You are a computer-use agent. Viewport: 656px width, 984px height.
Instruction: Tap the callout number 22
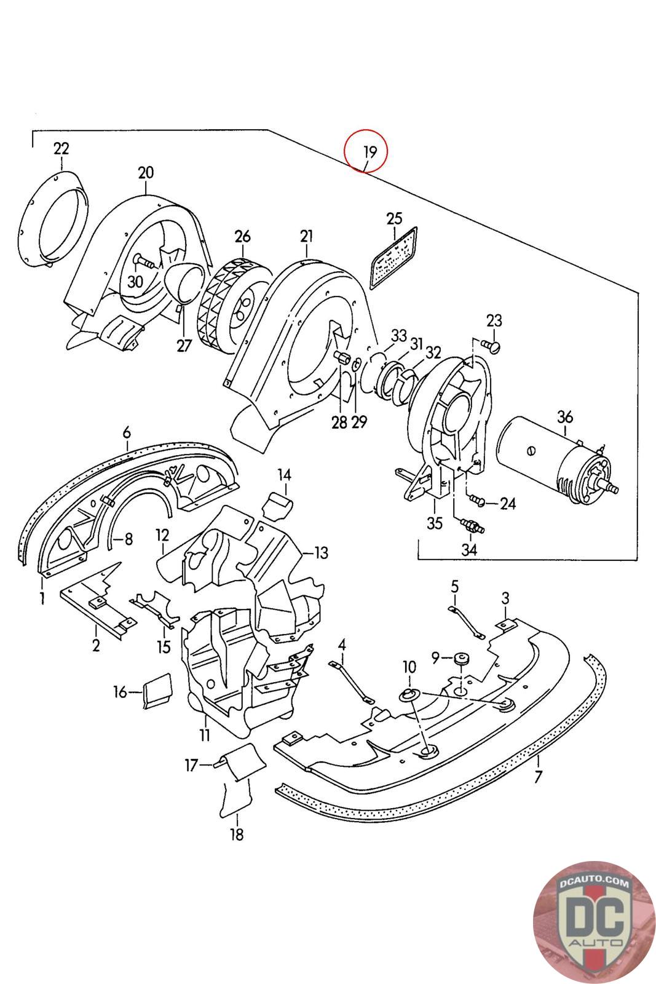61,149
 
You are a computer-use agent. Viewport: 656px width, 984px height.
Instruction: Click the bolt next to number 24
478,502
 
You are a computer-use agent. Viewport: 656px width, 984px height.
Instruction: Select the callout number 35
435,523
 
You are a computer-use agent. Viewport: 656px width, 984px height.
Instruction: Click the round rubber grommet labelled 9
460,659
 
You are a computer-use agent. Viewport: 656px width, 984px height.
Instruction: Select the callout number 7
538,776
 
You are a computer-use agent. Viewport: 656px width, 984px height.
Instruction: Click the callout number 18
237,835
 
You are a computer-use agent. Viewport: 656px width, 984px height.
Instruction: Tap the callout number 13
321,553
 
